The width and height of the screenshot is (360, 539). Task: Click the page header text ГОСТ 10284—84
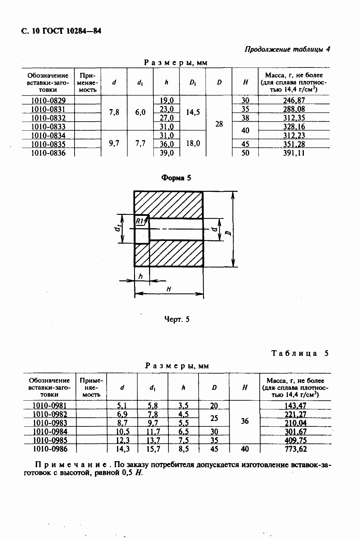[x=72, y=31]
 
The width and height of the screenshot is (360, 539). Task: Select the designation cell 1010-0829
[x=48, y=100]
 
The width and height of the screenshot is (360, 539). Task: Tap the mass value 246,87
[x=294, y=100]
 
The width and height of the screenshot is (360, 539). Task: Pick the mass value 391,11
[x=294, y=153]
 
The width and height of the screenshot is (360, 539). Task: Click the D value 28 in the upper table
[x=219, y=124]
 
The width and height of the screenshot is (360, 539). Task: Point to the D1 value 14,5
[x=193, y=112]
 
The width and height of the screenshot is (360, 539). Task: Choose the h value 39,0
[x=167, y=153]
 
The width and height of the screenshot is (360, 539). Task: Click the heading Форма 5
[x=176, y=178]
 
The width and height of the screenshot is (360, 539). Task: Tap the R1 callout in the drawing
[x=140, y=221]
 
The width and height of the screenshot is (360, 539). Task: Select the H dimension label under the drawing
[x=169, y=289]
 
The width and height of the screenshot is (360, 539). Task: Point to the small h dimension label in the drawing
[x=140, y=276]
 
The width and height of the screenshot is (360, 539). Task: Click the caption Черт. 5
[x=177, y=319]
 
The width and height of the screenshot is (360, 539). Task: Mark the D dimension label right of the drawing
[x=229, y=233]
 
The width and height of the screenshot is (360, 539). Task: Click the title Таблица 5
[x=300, y=353]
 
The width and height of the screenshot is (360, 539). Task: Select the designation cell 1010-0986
[x=50, y=449]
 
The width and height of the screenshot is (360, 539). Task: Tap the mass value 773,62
[x=296, y=449]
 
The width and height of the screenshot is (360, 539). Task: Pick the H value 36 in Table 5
[x=245, y=421]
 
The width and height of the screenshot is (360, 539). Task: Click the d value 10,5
[x=123, y=431]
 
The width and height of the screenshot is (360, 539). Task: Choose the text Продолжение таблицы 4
[x=287, y=49]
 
